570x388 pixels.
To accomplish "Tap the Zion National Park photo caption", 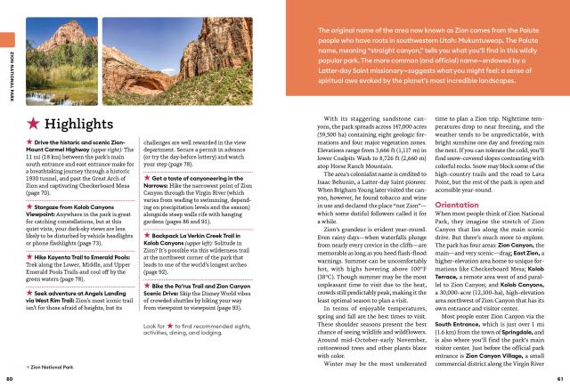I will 59,366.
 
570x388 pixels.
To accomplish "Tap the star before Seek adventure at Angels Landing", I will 31,266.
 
